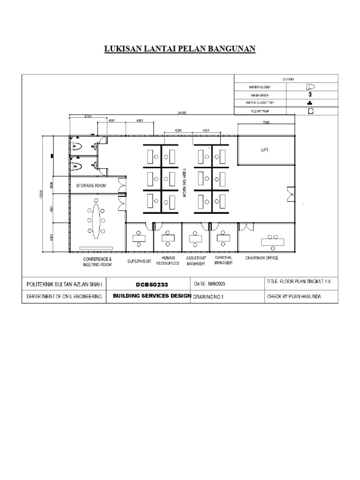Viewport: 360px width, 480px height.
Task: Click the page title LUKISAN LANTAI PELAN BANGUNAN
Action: click(x=180, y=49)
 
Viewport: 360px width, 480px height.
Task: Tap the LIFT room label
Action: click(x=266, y=150)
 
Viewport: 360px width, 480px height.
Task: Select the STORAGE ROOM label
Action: click(x=91, y=186)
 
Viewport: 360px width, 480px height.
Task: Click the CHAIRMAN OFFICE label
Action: click(x=262, y=258)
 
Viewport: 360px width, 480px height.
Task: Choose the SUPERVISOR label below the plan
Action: click(x=139, y=261)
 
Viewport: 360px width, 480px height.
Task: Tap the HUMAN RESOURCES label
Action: click(x=168, y=261)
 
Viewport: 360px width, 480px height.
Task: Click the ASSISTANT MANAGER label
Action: click(x=196, y=261)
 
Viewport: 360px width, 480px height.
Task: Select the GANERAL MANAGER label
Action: click(x=224, y=260)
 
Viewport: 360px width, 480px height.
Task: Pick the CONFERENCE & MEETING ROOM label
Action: click(x=97, y=262)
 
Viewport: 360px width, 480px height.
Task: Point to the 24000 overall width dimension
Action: click(x=181, y=113)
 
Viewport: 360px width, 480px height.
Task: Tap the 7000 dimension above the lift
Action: click(x=266, y=122)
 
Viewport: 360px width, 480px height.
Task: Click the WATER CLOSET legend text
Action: click(x=260, y=87)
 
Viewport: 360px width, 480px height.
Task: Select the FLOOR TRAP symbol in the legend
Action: click(x=310, y=111)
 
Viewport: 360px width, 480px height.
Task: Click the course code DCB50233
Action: click(x=149, y=285)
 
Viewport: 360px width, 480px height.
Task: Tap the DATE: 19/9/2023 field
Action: click(x=210, y=284)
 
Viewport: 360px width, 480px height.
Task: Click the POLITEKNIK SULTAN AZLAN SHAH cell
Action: click(x=64, y=285)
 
